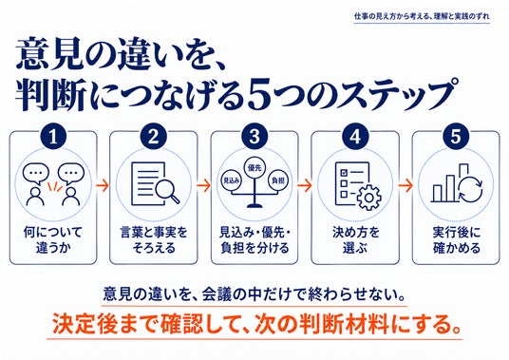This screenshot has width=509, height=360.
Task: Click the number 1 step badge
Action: (53, 137)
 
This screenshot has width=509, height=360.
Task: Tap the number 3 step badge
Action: (254, 137)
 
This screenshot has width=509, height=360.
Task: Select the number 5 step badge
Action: (456, 136)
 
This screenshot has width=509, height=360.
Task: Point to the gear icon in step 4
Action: (369, 197)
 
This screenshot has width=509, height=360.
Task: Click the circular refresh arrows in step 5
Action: (471, 189)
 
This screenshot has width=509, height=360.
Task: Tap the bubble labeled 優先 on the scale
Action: (254, 168)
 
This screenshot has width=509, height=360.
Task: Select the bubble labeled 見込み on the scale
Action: (231, 180)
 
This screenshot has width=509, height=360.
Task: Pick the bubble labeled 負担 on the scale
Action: (278, 180)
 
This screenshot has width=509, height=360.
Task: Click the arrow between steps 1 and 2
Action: (103, 185)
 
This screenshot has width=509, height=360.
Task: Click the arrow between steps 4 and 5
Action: (405, 185)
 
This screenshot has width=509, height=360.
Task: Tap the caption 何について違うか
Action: (53, 240)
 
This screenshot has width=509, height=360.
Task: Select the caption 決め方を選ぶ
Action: (355, 240)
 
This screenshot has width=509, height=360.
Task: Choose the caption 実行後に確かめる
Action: (456, 240)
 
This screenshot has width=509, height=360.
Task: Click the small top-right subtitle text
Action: (422, 16)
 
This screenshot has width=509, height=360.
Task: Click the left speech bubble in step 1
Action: (36, 174)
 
